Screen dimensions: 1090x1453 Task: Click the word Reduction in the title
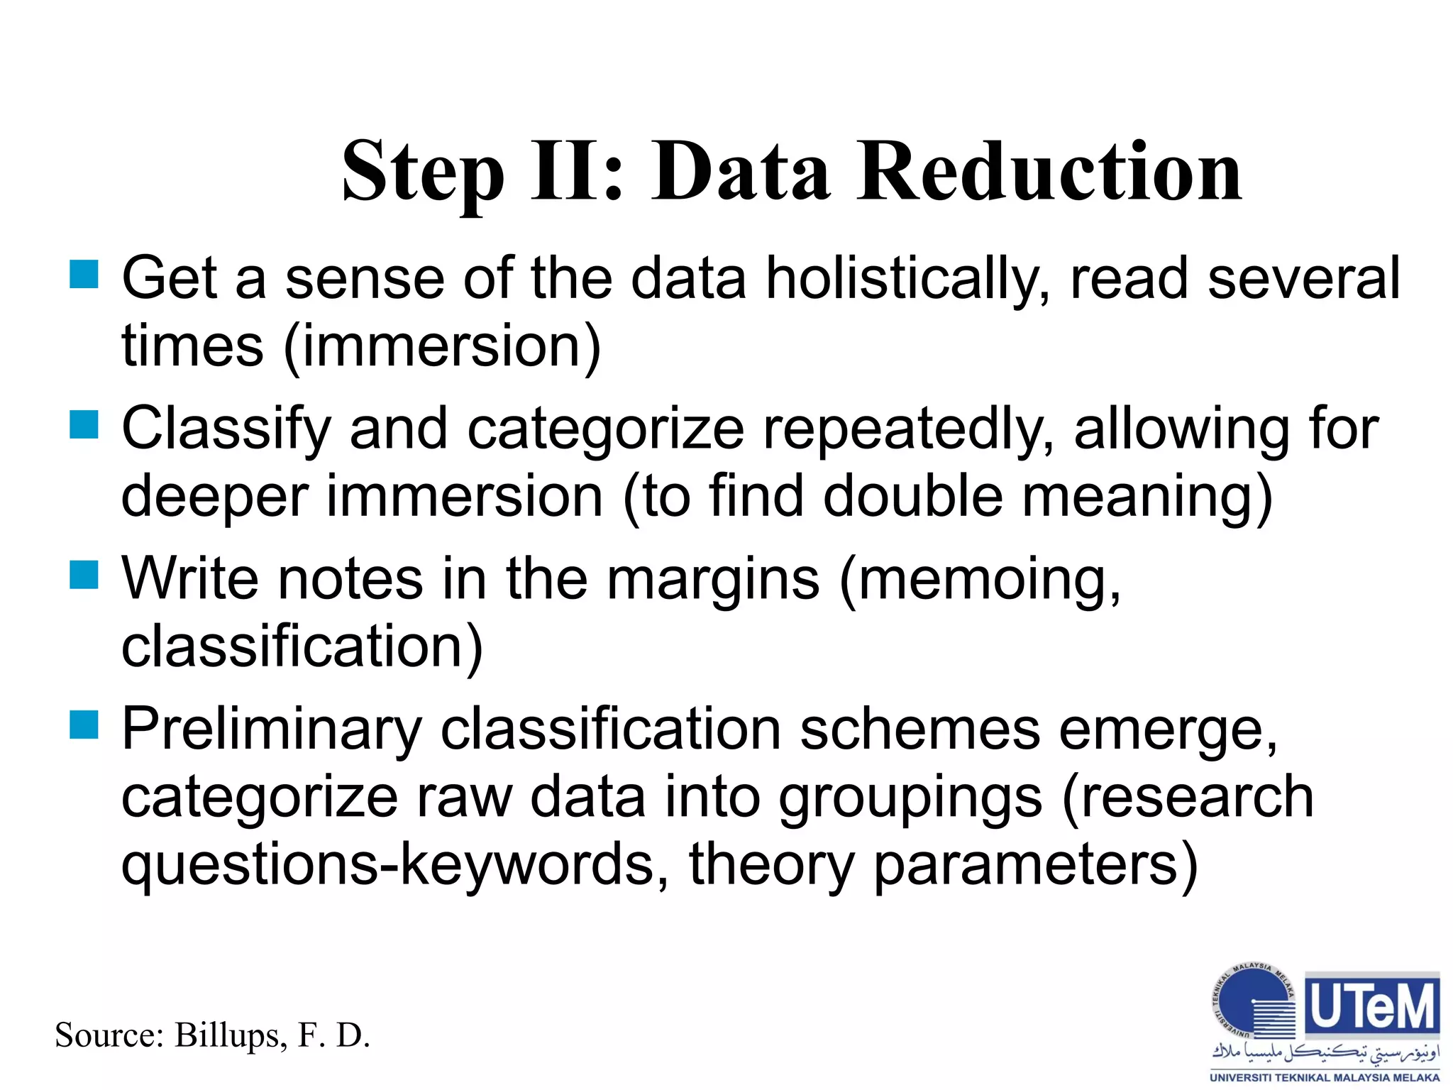(x=1049, y=172)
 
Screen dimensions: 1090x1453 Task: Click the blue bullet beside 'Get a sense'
(x=84, y=275)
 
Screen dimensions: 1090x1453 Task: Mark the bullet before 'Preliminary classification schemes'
(x=84, y=725)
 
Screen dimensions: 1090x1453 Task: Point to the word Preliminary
(x=272, y=730)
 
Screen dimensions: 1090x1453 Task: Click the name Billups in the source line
(x=230, y=1035)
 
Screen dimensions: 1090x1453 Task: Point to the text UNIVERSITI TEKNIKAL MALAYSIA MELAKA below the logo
(x=1325, y=1077)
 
